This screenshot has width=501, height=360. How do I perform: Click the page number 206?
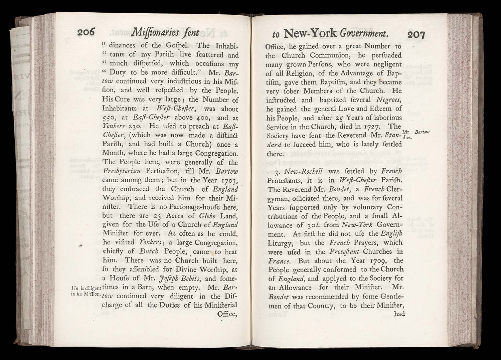(86, 32)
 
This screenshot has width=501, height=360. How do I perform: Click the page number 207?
(415, 34)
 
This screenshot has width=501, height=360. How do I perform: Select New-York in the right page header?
(310, 33)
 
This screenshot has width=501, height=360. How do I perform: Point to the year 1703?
(227, 181)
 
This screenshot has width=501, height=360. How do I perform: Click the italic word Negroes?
(389, 100)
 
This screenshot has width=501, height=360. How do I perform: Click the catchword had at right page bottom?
(399, 314)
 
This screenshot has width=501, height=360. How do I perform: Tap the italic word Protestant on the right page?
(344, 252)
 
